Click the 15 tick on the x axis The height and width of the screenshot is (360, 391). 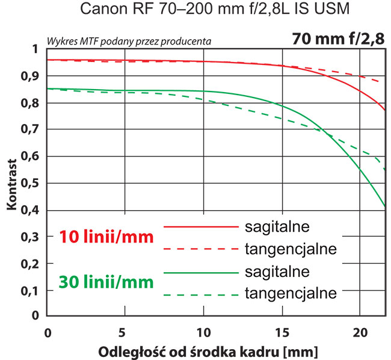281,332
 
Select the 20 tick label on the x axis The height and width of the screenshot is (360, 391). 359,332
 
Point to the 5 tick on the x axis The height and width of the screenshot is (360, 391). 125,332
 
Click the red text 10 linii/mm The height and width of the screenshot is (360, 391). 106,237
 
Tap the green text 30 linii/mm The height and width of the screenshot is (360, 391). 106,281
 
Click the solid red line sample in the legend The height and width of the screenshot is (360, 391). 200,227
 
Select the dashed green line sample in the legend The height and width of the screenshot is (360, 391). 200,294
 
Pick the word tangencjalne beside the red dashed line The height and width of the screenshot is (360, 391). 291,248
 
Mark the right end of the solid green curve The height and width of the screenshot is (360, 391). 385,206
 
